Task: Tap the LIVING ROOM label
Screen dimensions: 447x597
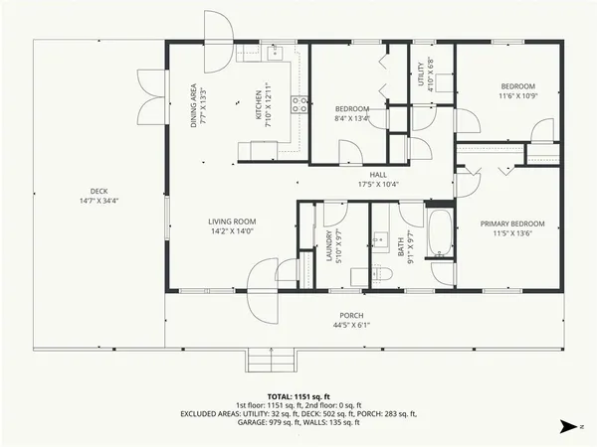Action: pyautogui.click(x=232, y=221)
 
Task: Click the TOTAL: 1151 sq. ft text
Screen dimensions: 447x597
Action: pyautogui.click(x=298, y=395)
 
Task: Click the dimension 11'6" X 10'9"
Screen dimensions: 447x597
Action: pyautogui.click(x=517, y=97)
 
